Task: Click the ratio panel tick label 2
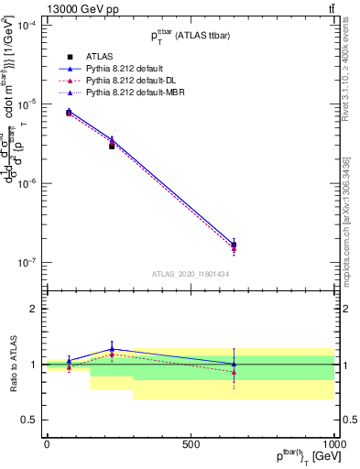click(x=33, y=310)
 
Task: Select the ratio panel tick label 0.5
click(x=29, y=420)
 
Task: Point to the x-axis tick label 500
click(x=191, y=444)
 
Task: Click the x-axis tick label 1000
click(x=333, y=444)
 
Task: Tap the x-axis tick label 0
click(x=47, y=444)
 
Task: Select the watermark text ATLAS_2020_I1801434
click(x=190, y=275)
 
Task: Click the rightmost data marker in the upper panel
click(x=234, y=245)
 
